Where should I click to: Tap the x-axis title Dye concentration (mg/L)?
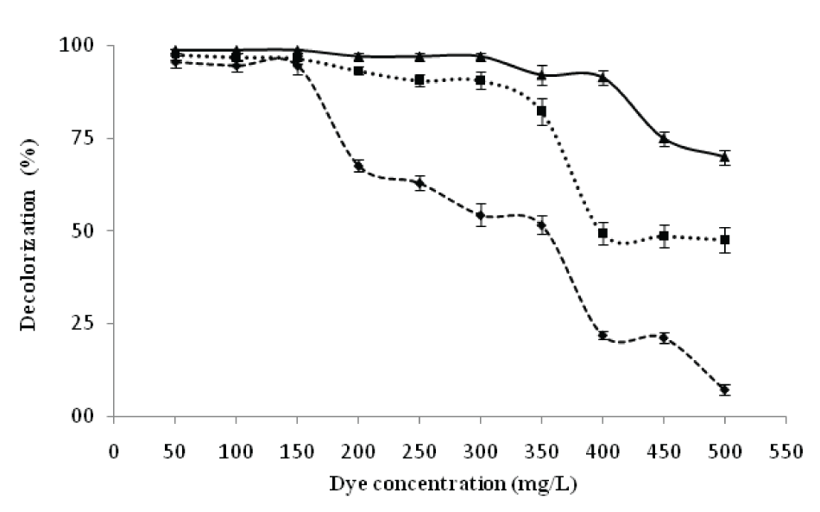tap(453, 484)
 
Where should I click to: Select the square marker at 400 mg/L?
tap(602, 233)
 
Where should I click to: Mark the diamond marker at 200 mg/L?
tap(358, 166)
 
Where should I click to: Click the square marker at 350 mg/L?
tap(541, 111)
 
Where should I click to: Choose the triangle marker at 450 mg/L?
tap(664, 139)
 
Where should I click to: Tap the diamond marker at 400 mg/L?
tap(602, 335)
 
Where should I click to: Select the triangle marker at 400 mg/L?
tap(602, 77)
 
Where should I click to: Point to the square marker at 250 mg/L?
tap(419, 80)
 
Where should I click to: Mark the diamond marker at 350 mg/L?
tap(541, 225)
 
